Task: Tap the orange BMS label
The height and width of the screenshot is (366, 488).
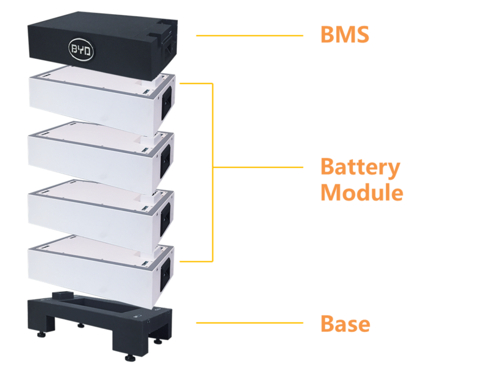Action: coord(344,35)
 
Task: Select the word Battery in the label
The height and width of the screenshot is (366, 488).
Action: coord(360,167)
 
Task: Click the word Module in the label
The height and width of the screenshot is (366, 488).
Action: coord(362,192)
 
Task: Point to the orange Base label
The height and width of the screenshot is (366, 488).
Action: coord(345,324)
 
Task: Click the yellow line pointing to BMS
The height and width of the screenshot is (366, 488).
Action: coord(249,36)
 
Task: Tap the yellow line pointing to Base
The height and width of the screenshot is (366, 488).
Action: coord(249,323)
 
